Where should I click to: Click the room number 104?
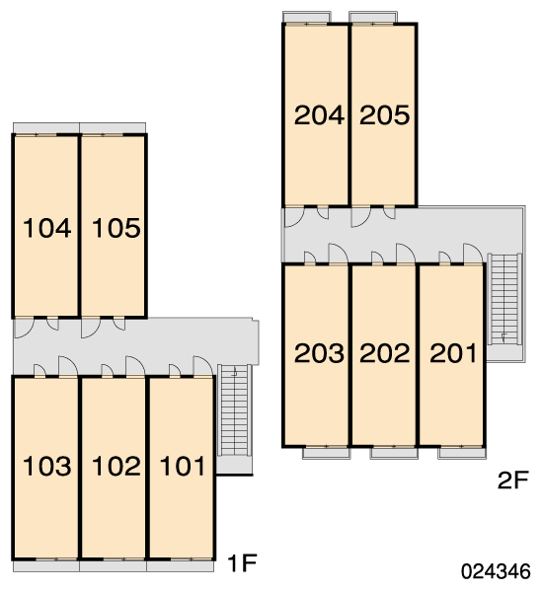coord(46,228)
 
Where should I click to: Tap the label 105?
coord(116,228)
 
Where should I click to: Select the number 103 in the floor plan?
coord(46,466)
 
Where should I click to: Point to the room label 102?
coord(116,466)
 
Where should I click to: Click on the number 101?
coord(183,466)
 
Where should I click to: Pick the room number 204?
coord(319,115)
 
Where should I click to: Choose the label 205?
coord(385,115)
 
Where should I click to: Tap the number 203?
coord(319,353)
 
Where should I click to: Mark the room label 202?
coord(385,353)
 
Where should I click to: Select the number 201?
coord(453,353)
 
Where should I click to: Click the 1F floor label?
coord(242,563)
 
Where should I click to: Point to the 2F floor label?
coord(513,481)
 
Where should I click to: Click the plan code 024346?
coord(496,571)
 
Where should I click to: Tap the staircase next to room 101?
coord(235,410)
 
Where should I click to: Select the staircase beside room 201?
coord(504,299)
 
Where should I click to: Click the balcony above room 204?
coord(307,18)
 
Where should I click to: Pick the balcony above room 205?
coord(373,18)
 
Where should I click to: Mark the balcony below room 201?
coord(462,453)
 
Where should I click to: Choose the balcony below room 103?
coord(46,566)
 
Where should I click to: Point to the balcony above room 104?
coord(46,128)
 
